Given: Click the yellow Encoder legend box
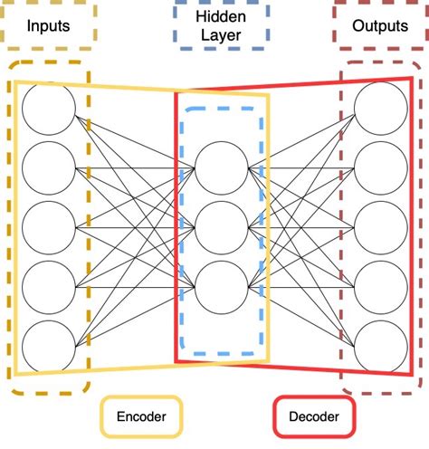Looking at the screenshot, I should click(140, 417).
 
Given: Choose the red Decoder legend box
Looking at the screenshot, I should click(314, 417).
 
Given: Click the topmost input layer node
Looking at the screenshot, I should click(49, 108).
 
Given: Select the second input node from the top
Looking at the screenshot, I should click(49, 167).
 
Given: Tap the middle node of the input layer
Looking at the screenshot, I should click(49, 226).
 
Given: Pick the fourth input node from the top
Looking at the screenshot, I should click(49, 285).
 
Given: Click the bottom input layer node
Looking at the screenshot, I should click(49, 345).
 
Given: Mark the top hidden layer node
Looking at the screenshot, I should click(220, 167).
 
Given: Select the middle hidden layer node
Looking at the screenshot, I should click(220, 226).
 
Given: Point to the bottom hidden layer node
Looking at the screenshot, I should click(220, 285).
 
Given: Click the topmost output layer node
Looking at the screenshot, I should click(380, 108).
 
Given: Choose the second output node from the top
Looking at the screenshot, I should click(380, 167).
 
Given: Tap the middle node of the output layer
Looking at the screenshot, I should click(380, 226).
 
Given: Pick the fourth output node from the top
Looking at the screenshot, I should click(380, 285).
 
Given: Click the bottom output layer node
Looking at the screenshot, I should click(380, 345).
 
